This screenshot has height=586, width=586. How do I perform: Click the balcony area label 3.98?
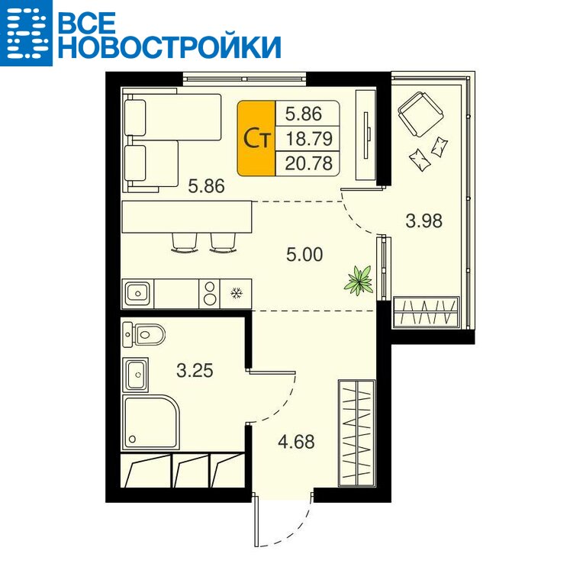[423, 221]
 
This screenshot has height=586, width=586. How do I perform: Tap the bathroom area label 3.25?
[195, 370]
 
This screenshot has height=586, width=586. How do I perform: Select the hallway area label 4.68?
[296, 441]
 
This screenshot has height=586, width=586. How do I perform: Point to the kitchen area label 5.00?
[304, 254]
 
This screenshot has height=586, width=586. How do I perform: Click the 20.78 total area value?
[308, 163]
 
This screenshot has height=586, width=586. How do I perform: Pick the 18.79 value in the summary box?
[308, 139]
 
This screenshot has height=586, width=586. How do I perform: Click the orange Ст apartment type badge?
[256, 138]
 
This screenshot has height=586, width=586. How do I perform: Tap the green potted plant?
[359, 280]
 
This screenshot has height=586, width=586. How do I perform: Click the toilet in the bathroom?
[144, 334]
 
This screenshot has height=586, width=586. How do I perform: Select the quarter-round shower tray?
[151, 422]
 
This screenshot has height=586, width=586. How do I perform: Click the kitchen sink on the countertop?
[137, 293]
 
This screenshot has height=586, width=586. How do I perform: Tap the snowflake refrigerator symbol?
[236, 293]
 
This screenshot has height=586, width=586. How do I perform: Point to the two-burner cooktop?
[210, 293]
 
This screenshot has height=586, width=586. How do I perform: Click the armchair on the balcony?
[420, 114]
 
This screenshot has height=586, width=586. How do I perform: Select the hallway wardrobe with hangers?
[356, 433]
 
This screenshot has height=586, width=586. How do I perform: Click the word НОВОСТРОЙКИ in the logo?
[169, 47]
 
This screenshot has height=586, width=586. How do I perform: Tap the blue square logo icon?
[26, 33]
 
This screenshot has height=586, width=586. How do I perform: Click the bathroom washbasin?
[135, 375]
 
